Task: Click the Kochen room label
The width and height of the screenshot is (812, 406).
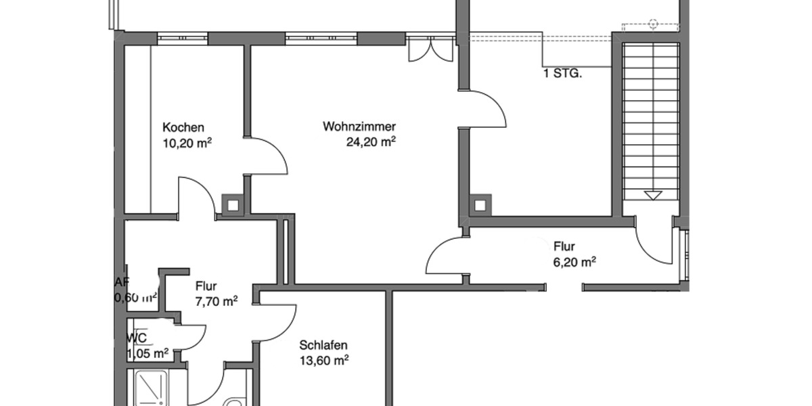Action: click(x=183, y=128)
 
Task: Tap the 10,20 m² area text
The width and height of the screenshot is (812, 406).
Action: click(x=187, y=143)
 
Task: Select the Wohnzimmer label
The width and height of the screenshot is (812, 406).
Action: click(x=359, y=127)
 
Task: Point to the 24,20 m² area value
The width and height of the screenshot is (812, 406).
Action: click(x=370, y=142)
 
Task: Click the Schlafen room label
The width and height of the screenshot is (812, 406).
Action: click(x=323, y=346)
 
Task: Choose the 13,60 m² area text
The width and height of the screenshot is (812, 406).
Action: click(x=323, y=361)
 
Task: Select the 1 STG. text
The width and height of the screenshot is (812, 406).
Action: click(x=562, y=73)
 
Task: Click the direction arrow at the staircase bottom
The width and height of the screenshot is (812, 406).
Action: click(x=652, y=196)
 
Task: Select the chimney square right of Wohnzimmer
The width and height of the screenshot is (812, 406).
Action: click(x=480, y=204)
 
